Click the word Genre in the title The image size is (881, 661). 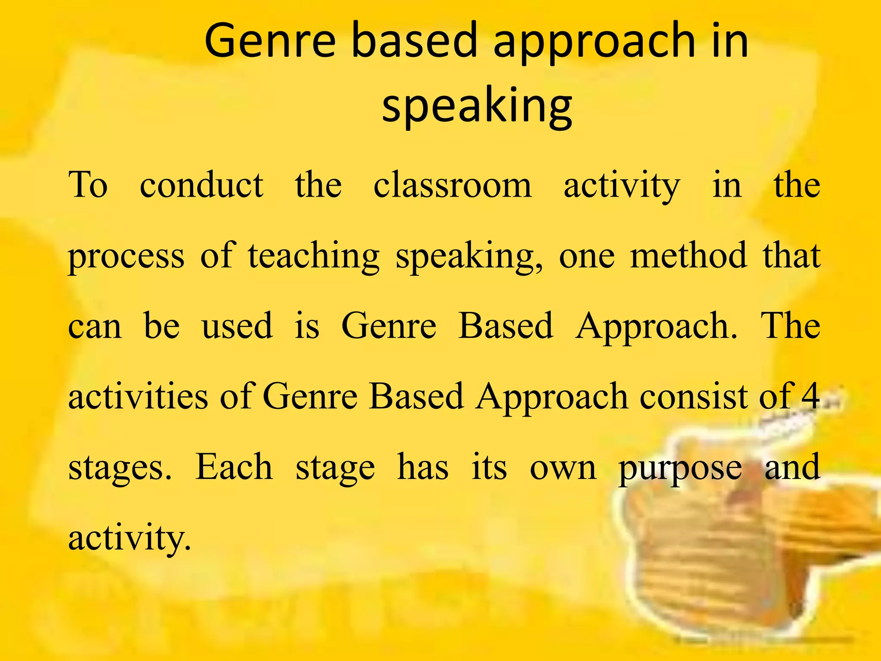[269, 41]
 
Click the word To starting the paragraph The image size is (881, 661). [88, 185]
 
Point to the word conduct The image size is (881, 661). [201, 185]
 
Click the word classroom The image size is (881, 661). [452, 185]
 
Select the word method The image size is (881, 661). [688, 256]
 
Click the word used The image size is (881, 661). [237, 326]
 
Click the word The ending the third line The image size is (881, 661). [790, 326]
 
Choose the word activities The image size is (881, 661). [138, 396]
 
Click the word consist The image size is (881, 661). [693, 396]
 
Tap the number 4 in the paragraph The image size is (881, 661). [810, 396]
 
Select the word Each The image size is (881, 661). [234, 467]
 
